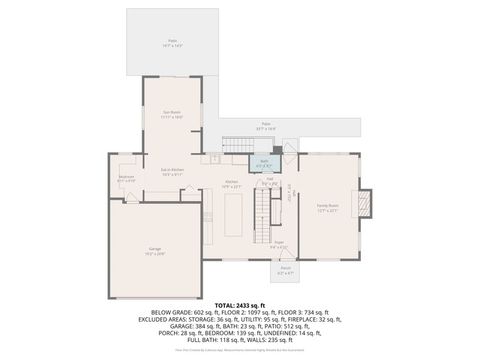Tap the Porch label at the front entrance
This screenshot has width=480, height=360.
coord(285,268)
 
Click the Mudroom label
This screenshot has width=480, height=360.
coord(127,179)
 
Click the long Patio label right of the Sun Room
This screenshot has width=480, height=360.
coord(266,127)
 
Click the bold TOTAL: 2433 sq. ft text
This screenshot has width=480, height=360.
coord(240,304)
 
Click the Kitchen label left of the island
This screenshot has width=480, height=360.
coord(230,184)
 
